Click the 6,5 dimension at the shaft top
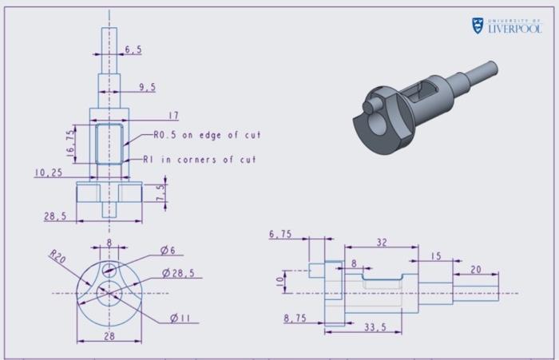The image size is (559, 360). [x=133, y=49]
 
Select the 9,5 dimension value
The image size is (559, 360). [x=147, y=88]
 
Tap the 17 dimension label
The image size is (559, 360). [x=174, y=116]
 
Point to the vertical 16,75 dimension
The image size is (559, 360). [x=70, y=141]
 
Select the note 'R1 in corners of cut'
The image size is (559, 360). [x=199, y=160]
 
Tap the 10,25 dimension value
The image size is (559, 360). [x=49, y=172]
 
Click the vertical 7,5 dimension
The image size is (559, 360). [x=161, y=193]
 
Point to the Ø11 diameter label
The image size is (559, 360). [x=179, y=318]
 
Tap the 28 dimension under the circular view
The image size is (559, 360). [x=109, y=336]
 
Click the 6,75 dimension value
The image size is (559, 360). [x=280, y=234]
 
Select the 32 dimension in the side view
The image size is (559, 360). [x=381, y=243]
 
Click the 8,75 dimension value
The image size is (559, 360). [x=295, y=318]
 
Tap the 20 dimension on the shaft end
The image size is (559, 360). [x=476, y=270]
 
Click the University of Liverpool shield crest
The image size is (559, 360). [x=477, y=26]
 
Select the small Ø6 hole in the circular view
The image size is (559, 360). [x=109, y=269]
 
